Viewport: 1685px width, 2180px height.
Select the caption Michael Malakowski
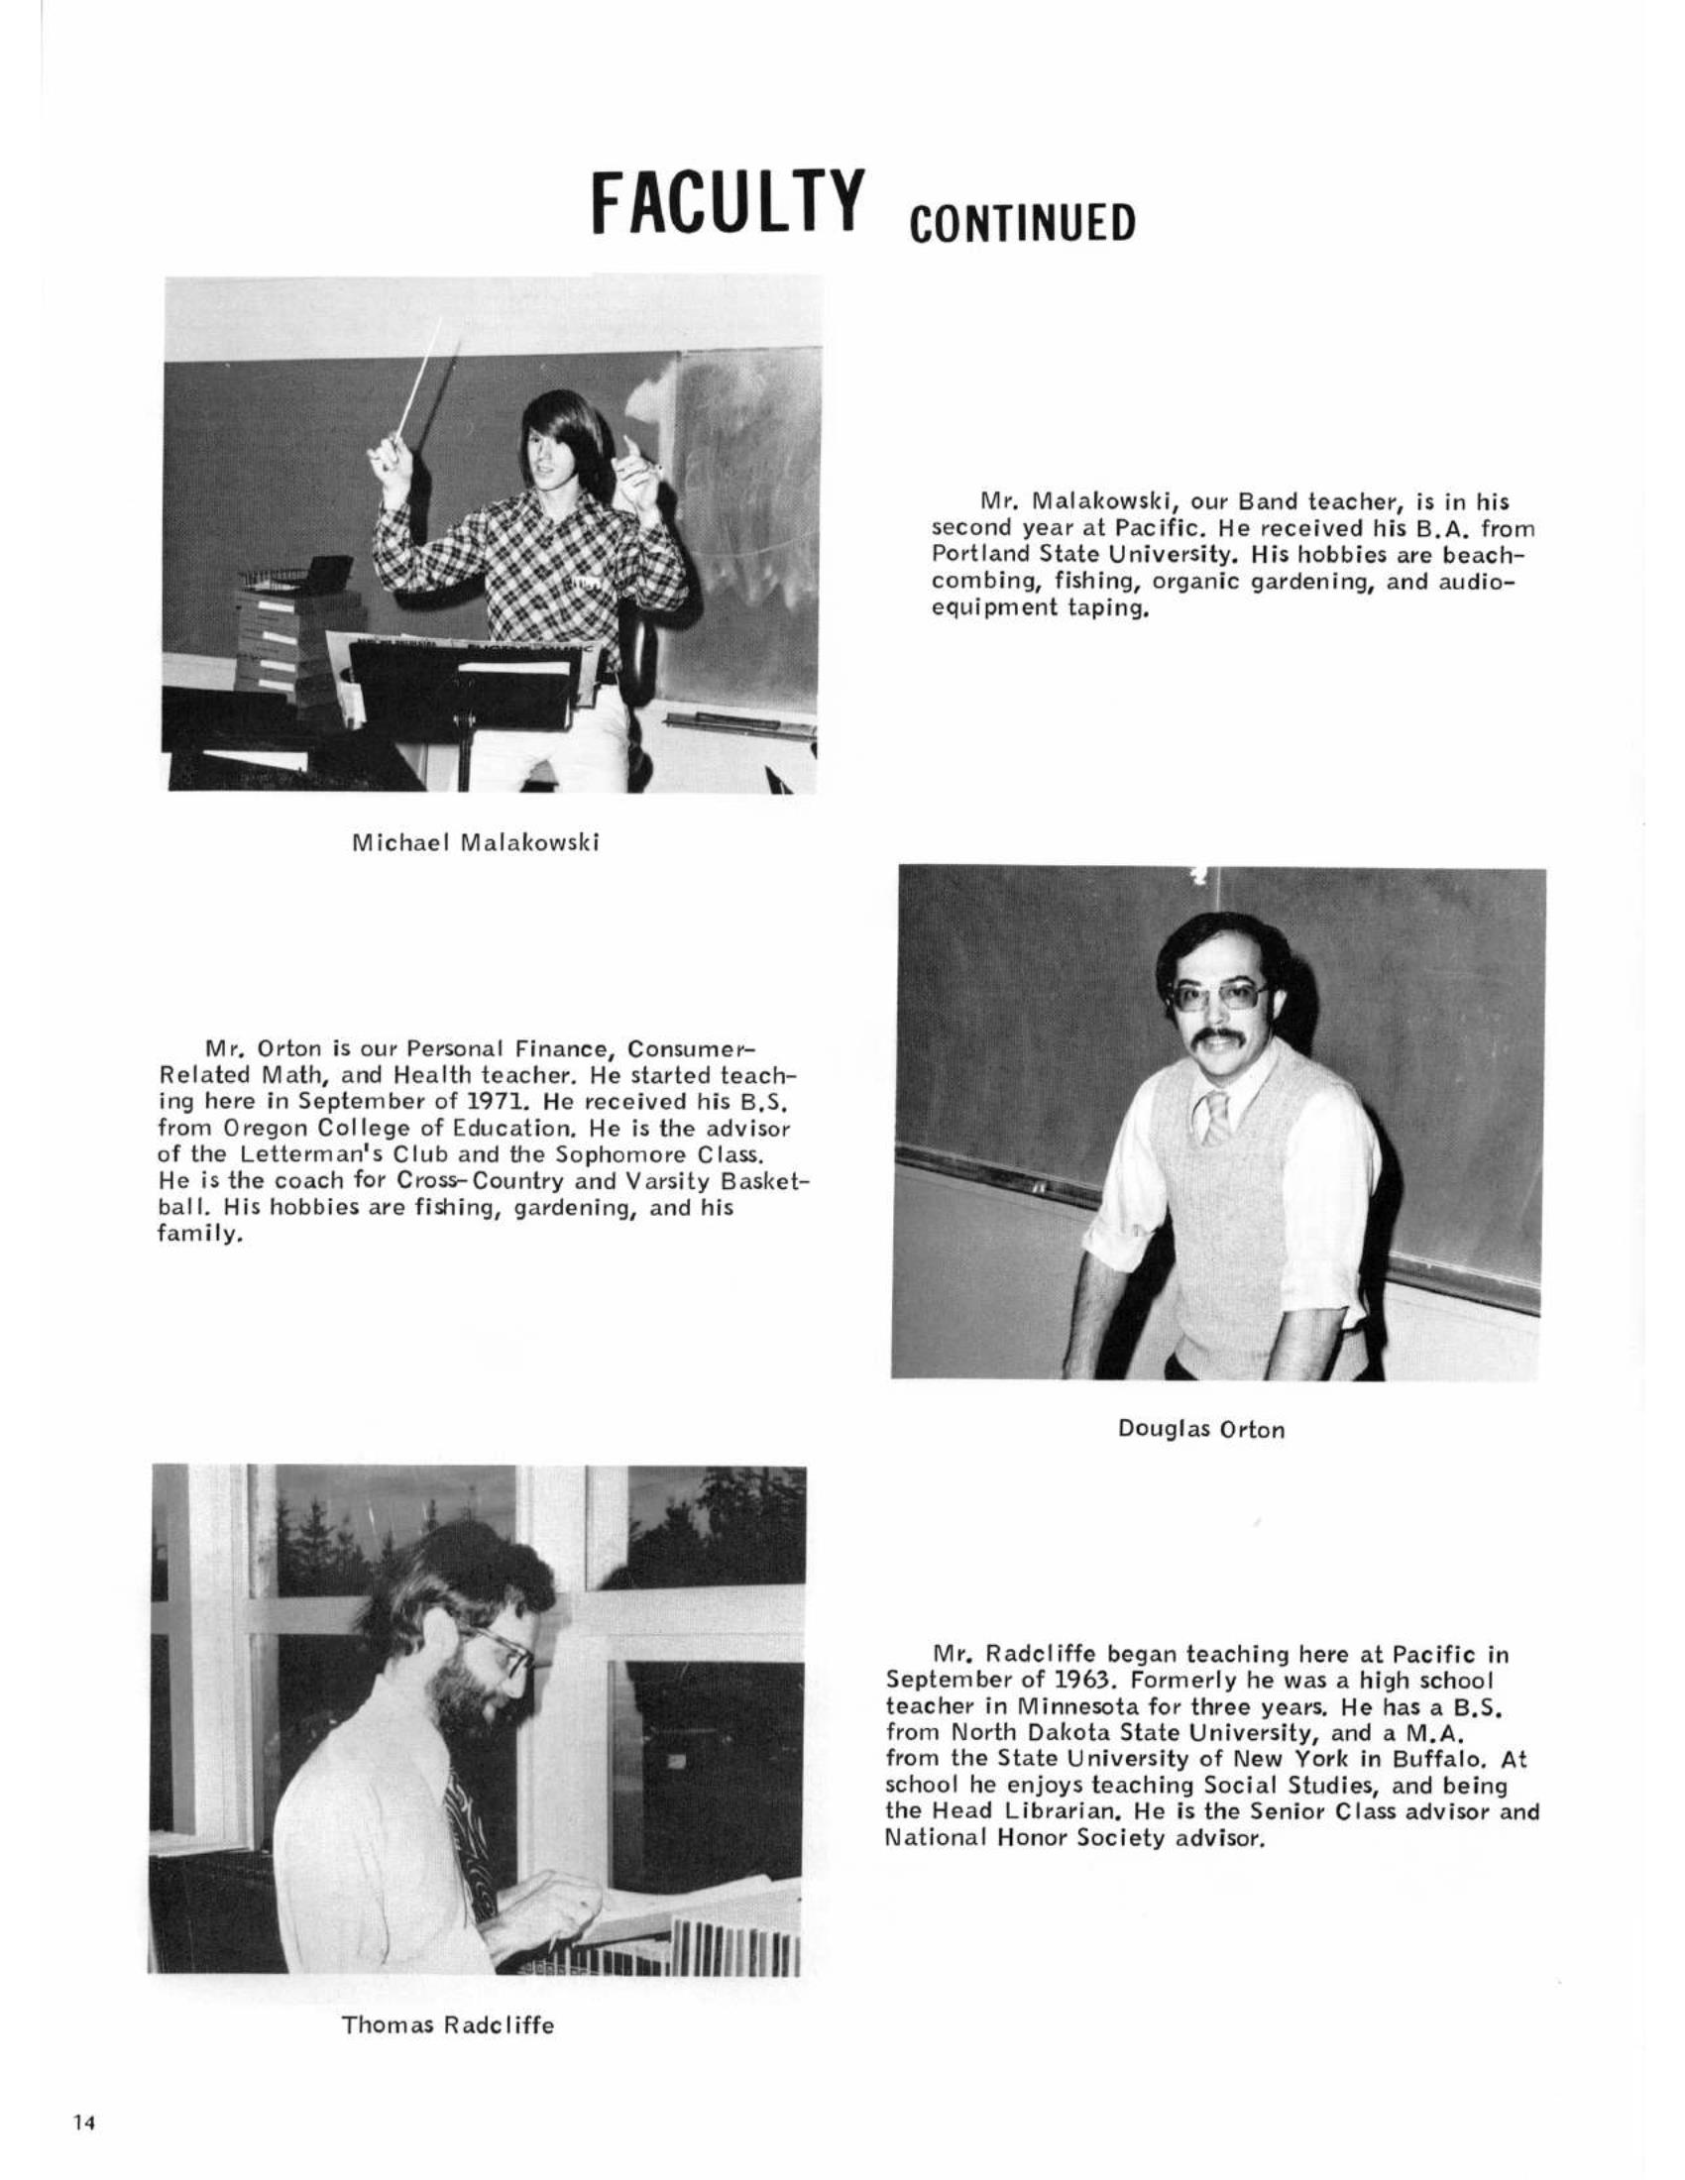tap(475, 843)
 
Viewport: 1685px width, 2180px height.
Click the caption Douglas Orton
tap(1201, 1429)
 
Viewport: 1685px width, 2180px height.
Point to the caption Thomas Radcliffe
tap(447, 2025)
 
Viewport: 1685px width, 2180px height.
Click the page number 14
tap(82, 2123)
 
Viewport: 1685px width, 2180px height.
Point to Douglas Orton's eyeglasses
tap(1220, 996)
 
